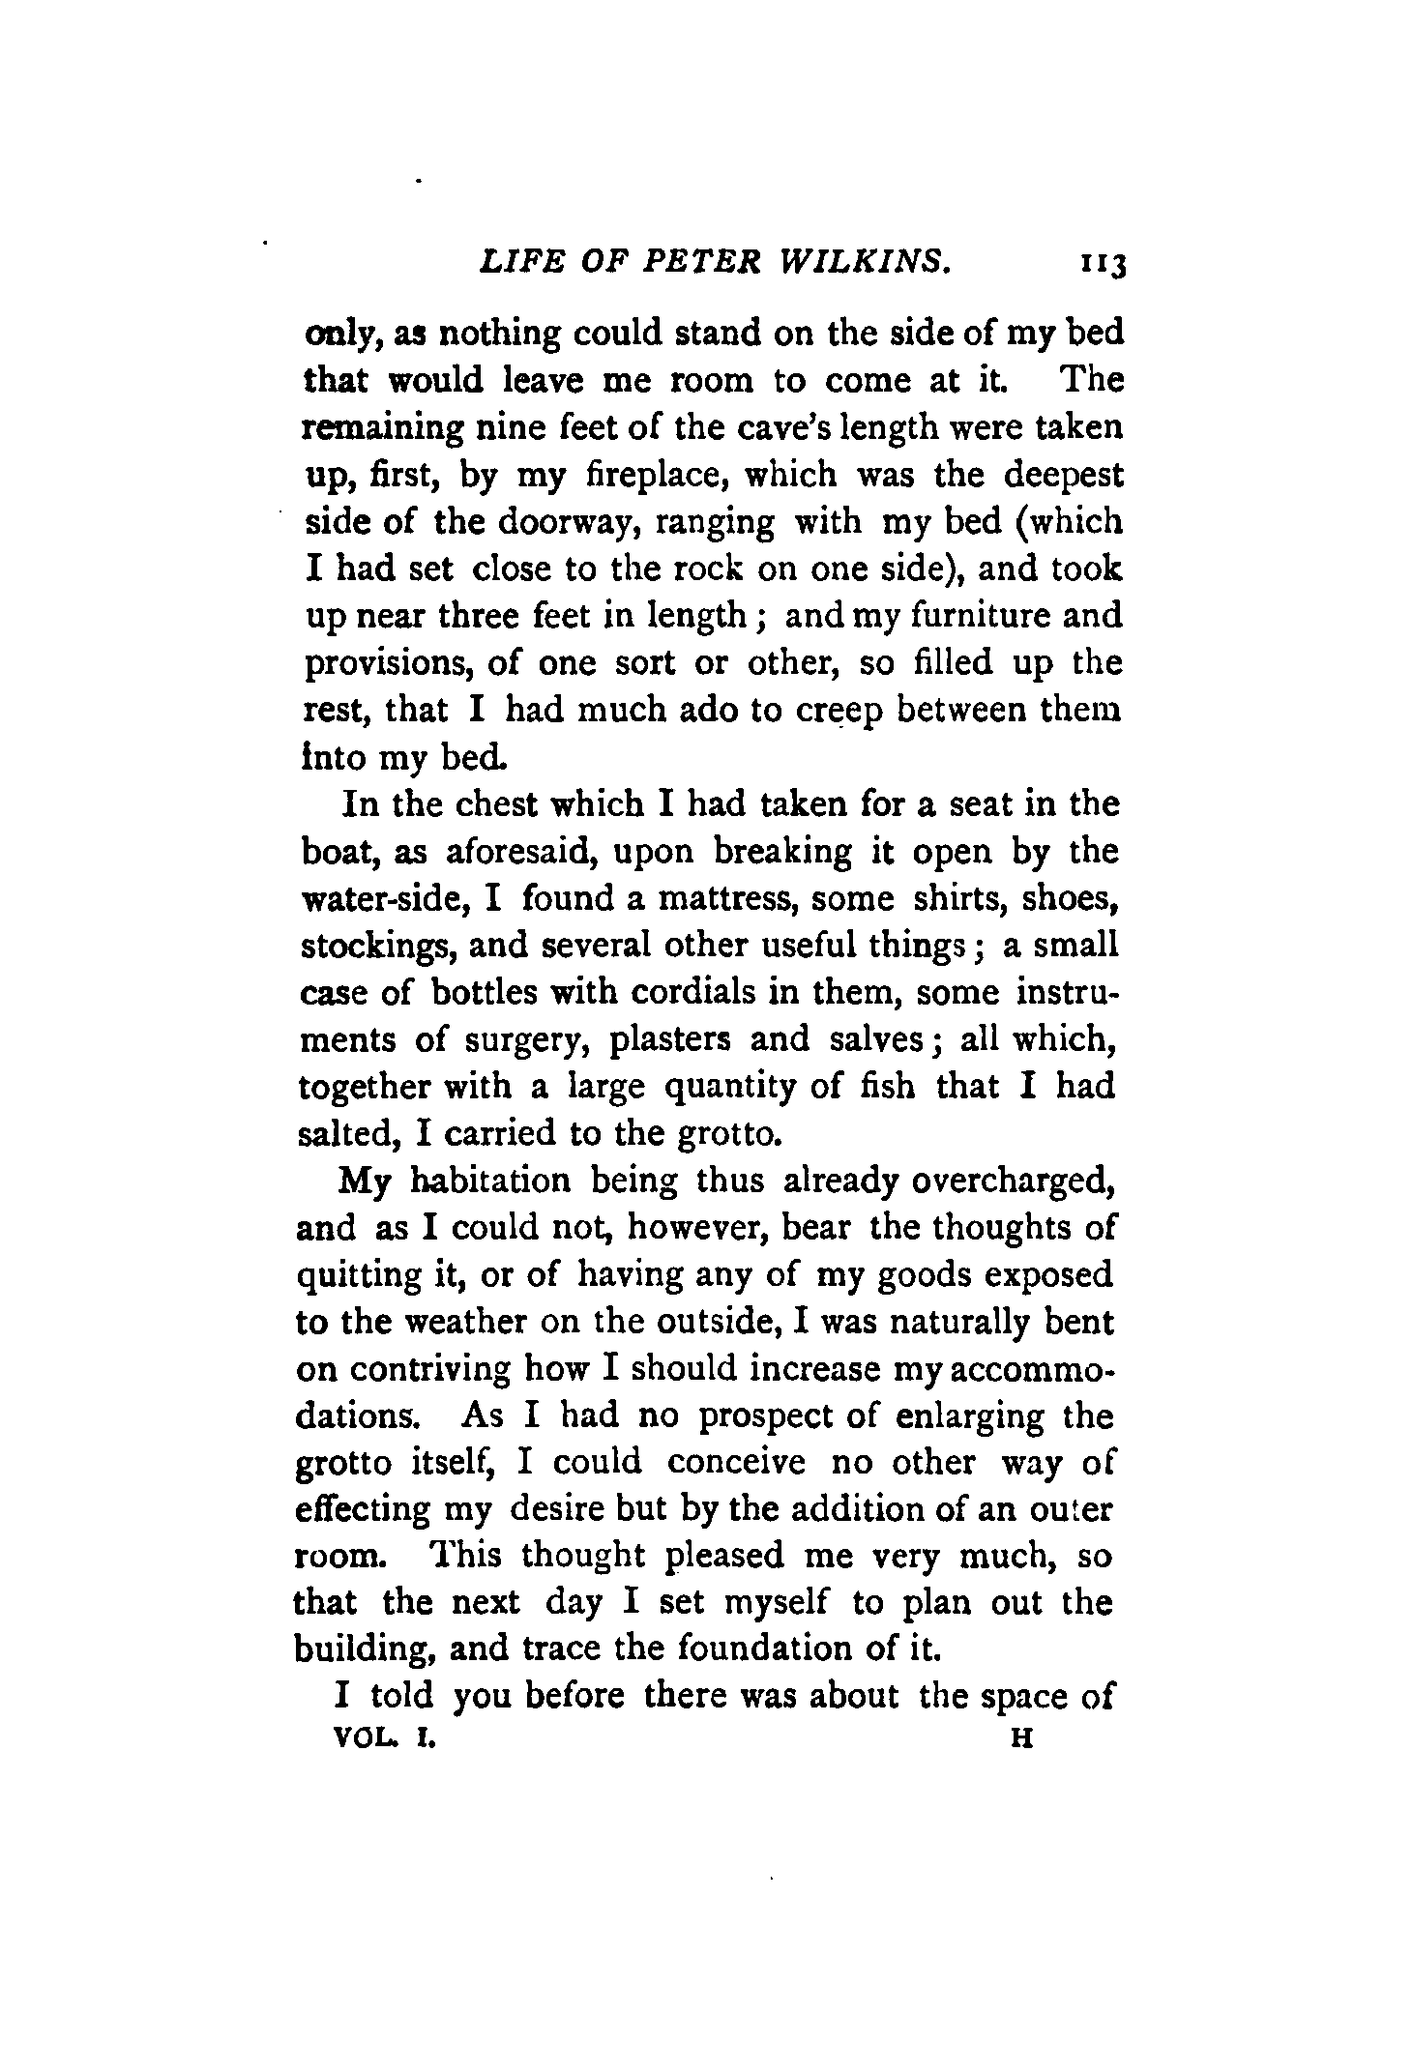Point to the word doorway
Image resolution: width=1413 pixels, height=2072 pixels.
point(572,522)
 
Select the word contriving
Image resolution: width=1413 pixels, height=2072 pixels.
point(429,1370)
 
